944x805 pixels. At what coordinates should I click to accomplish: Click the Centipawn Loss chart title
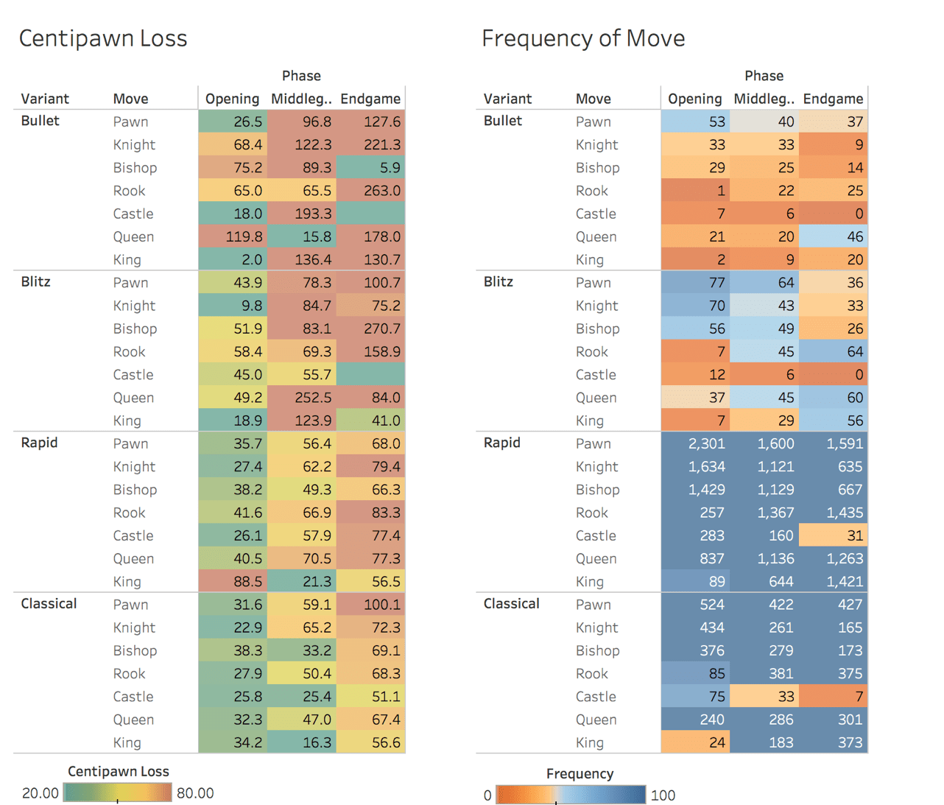pyautogui.click(x=103, y=38)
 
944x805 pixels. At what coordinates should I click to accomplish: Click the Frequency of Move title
pyautogui.click(x=582, y=38)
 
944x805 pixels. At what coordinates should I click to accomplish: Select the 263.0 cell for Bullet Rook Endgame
pyautogui.click(x=370, y=191)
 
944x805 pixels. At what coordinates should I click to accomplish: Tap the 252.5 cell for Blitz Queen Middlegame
pyautogui.click(x=302, y=398)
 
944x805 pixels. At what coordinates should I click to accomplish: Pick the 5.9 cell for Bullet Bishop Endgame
pyautogui.click(x=370, y=168)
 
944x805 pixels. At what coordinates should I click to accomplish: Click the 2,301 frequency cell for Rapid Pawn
pyautogui.click(x=695, y=443)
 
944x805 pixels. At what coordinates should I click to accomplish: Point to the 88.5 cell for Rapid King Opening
pyautogui.click(x=233, y=582)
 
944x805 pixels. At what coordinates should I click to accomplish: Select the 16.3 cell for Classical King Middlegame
pyautogui.click(x=302, y=742)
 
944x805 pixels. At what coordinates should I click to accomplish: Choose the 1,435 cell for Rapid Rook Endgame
pyautogui.click(x=833, y=513)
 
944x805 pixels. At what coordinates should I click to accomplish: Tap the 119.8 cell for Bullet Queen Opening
pyautogui.click(x=233, y=236)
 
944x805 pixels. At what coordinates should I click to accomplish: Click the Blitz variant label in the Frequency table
pyautogui.click(x=499, y=282)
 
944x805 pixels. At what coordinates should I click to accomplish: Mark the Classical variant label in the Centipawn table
pyautogui.click(x=49, y=604)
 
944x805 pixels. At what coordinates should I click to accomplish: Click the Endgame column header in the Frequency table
pyautogui.click(x=833, y=99)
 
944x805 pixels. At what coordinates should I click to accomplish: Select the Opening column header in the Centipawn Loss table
pyautogui.click(x=232, y=99)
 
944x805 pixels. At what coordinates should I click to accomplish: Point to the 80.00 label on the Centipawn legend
pyautogui.click(x=195, y=793)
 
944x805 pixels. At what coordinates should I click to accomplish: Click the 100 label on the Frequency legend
pyautogui.click(x=663, y=795)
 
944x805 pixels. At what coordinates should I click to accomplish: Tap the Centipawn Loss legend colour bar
pyautogui.click(x=118, y=792)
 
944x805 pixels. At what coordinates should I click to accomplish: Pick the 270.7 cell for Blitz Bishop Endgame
pyautogui.click(x=370, y=328)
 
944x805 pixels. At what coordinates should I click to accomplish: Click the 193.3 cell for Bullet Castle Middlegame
pyautogui.click(x=302, y=214)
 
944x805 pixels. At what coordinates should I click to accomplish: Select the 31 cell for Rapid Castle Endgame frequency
pyautogui.click(x=833, y=535)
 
